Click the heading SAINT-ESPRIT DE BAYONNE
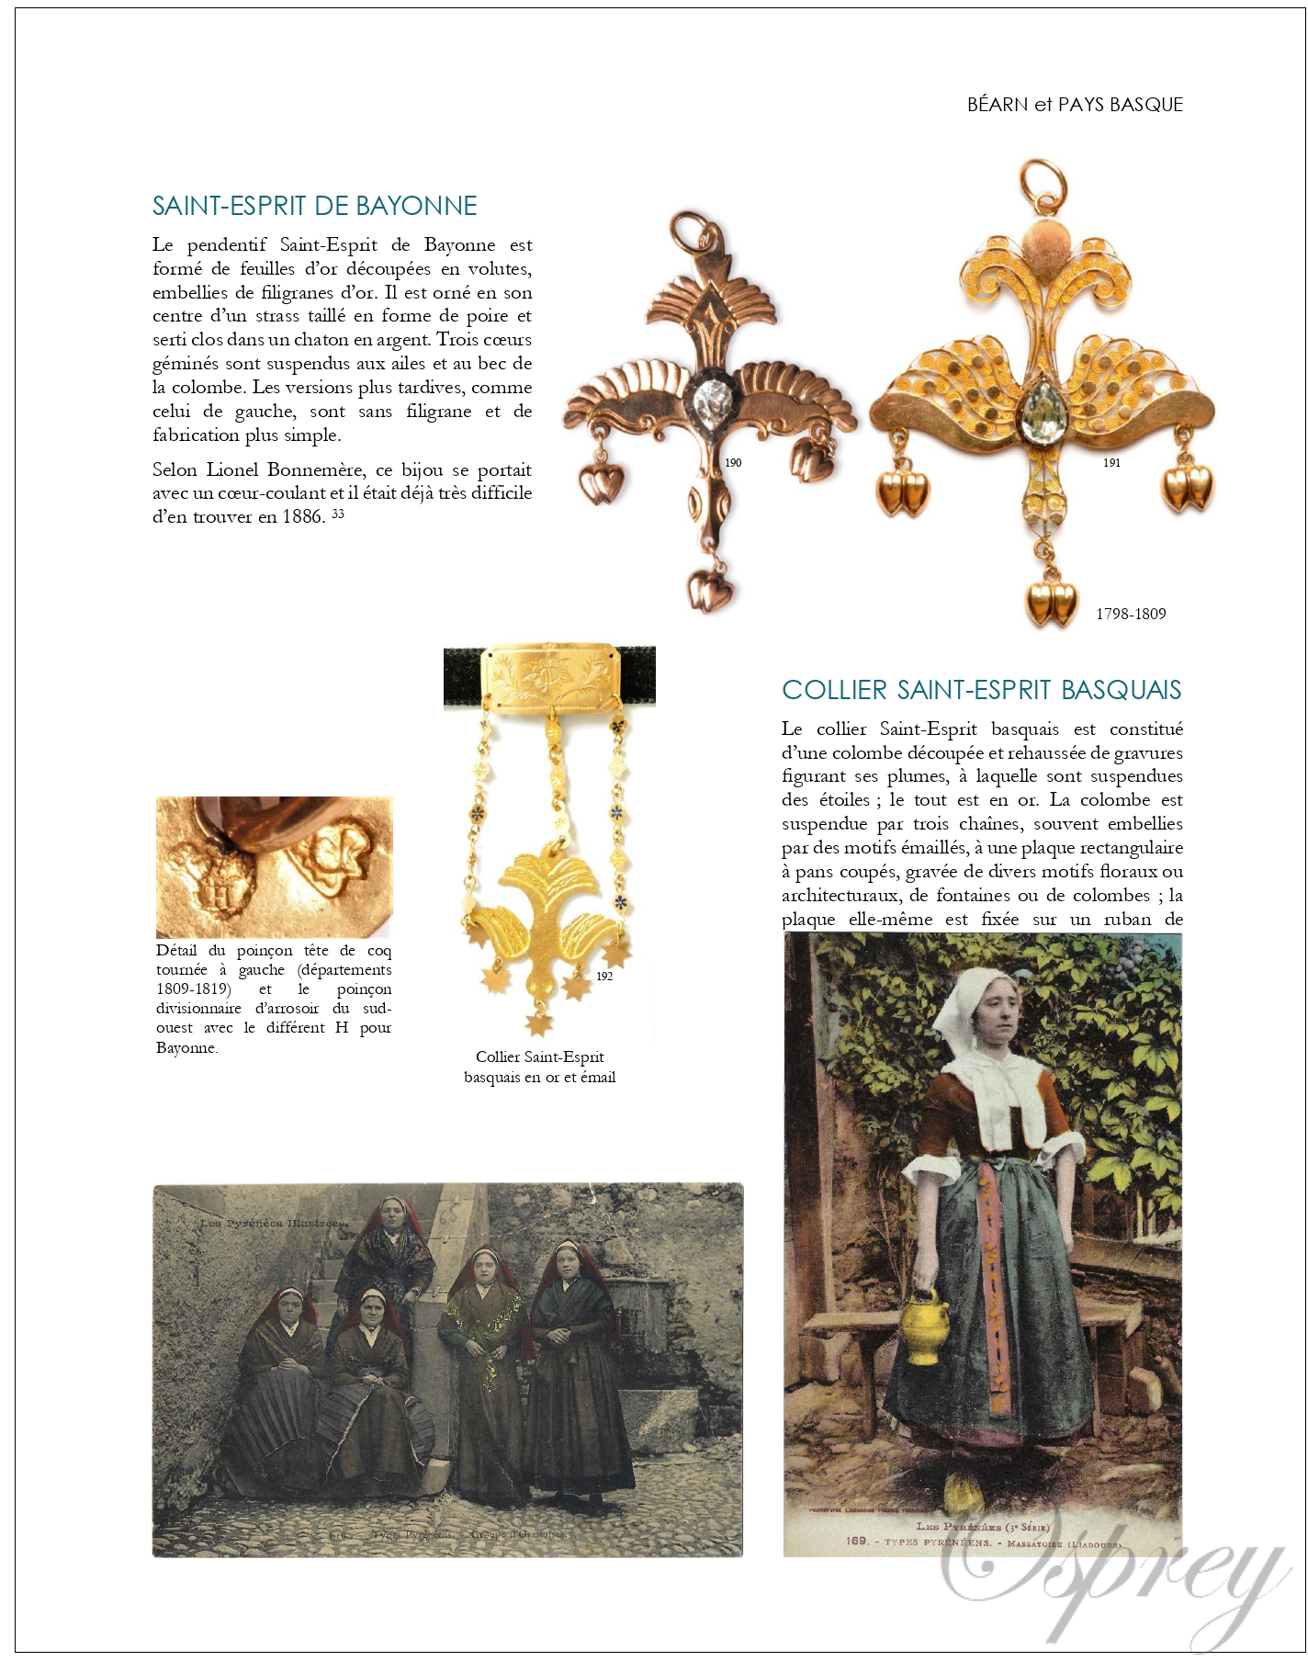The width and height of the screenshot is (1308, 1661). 314,206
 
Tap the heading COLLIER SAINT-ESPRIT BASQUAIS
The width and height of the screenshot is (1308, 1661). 981,690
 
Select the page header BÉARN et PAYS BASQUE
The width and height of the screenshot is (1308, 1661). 1075,105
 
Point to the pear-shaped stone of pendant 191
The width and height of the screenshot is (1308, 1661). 1043,408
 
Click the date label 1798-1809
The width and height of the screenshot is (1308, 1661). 1131,614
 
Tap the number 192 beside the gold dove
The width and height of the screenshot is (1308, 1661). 604,976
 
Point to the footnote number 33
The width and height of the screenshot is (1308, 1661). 338,513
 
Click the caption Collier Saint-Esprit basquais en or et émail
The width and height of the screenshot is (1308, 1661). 540,1067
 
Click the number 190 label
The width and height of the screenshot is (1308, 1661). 733,462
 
